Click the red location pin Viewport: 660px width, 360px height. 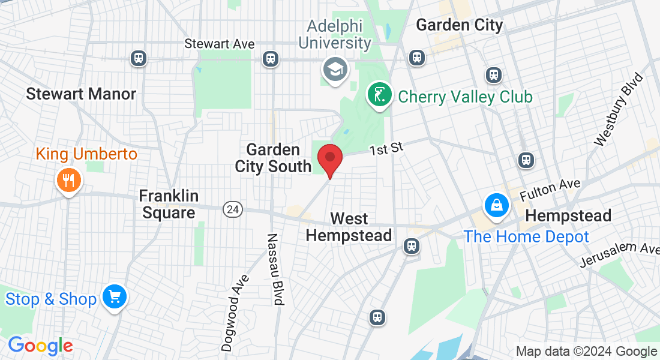(329, 158)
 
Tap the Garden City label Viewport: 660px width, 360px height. (459, 25)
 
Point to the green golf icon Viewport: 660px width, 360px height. (379, 95)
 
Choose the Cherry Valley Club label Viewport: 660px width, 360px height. (465, 97)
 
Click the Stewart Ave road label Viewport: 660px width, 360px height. (220, 44)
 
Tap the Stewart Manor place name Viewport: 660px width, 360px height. (81, 94)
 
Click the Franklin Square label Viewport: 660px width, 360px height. (169, 204)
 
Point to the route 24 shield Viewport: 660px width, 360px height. (233, 209)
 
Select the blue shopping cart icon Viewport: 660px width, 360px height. (114, 296)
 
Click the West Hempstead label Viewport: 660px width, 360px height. (349, 227)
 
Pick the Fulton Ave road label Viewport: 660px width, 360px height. (550, 191)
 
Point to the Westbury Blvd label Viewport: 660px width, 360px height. (618, 109)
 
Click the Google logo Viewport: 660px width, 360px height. (40, 346)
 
